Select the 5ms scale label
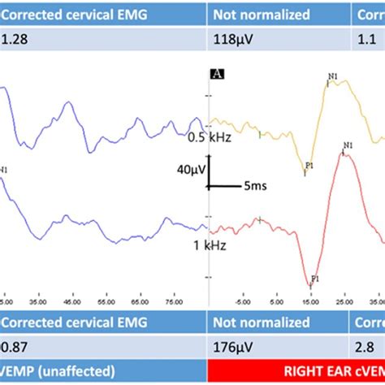coord(253,185)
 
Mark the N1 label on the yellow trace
coord(333,76)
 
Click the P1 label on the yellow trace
coord(309,166)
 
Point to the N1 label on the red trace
coord(348,146)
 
